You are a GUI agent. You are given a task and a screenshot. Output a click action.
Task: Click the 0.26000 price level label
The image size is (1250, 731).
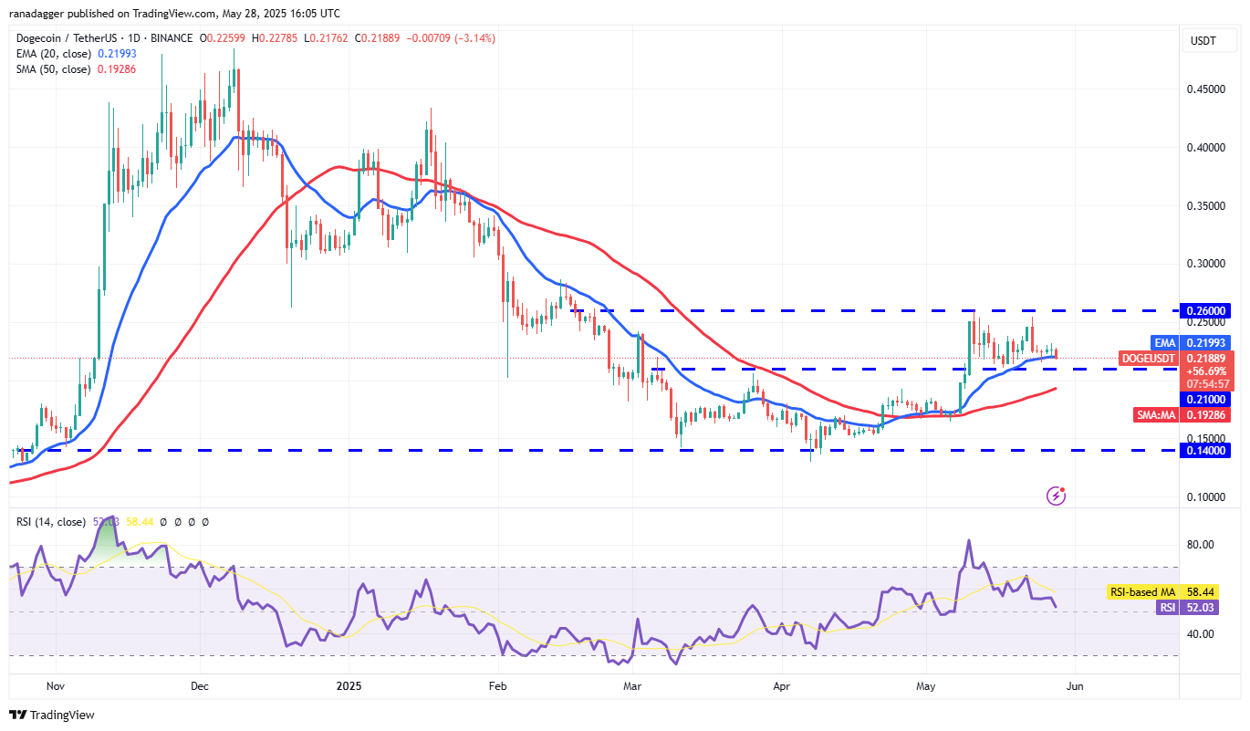(x=1205, y=310)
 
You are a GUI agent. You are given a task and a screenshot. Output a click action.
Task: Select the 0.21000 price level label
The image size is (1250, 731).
(x=1205, y=399)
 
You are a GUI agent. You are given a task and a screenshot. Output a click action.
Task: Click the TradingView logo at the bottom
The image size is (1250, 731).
(x=53, y=715)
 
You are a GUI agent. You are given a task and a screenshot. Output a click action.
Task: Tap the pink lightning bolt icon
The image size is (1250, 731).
(x=1057, y=496)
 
